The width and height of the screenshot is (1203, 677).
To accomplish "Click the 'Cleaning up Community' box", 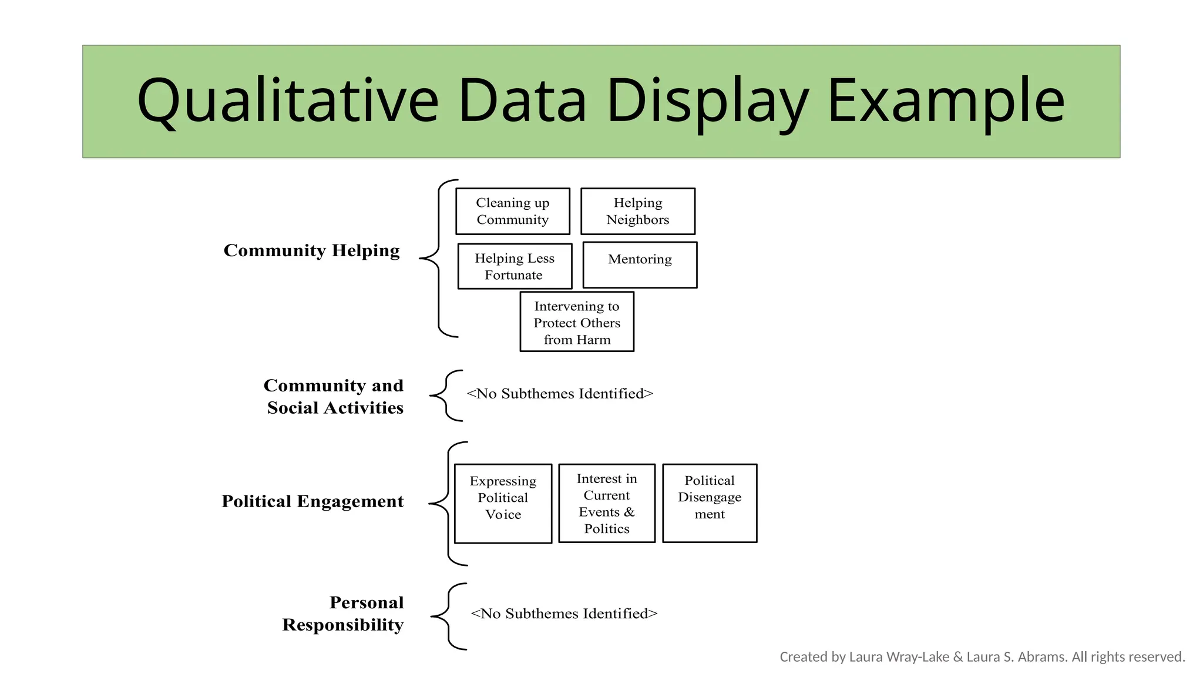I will click(512, 211).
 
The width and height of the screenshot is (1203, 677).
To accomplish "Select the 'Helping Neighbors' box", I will click(637, 211).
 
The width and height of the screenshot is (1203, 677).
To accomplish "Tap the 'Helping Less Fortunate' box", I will click(515, 266).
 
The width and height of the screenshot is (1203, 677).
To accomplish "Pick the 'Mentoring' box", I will click(640, 264).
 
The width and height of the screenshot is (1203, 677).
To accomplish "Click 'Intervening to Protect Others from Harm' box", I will click(577, 322).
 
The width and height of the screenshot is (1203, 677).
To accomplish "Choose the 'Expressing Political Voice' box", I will click(503, 503).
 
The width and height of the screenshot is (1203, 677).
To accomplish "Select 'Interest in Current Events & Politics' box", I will click(606, 503).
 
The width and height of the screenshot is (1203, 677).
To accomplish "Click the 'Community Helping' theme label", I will click(311, 250).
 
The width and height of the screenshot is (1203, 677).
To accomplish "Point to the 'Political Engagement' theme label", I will click(312, 501).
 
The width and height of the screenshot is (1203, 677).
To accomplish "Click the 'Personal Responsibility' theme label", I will click(343, 614).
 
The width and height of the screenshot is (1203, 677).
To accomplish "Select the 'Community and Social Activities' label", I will click(334, 396).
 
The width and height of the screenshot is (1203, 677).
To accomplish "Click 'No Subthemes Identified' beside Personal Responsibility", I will click(564, 614).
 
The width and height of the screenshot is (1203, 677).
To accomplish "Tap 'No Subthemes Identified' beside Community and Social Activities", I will click(560, 394).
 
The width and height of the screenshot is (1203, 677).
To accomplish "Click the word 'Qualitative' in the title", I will click(288, 101).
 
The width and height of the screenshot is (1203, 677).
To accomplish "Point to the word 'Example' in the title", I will click(946, 101).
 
